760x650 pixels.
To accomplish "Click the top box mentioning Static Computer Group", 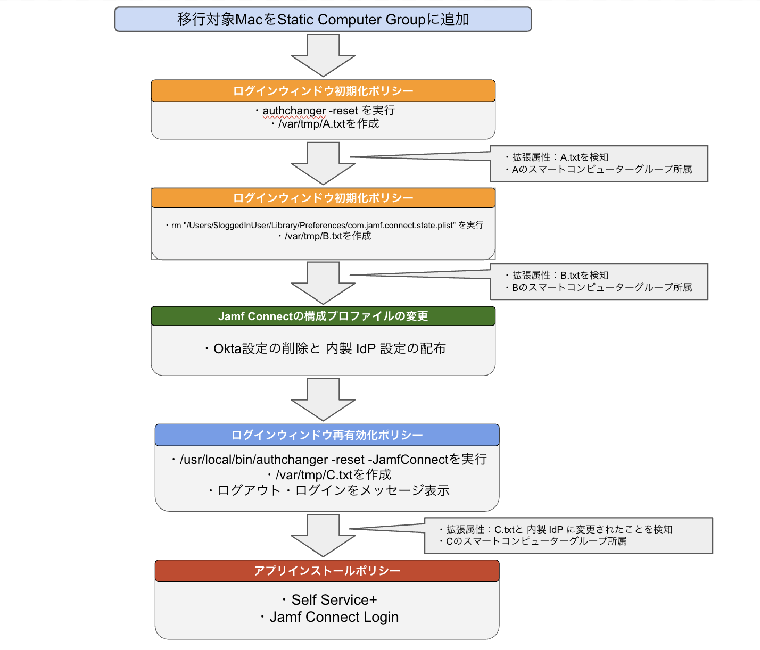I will (323, 20).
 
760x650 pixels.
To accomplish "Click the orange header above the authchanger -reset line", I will (323, 91).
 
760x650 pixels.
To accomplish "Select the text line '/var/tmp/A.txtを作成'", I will (328, 124).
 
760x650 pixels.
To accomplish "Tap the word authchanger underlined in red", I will (294, 111).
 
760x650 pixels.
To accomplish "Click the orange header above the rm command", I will (323, 198).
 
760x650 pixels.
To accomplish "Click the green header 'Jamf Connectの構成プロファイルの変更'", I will (323, 316).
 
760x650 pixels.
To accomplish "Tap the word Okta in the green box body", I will (227, 349).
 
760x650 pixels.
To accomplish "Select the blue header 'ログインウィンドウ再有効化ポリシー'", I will (327, 435).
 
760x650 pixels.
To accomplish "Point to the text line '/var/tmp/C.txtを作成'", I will (333, 475).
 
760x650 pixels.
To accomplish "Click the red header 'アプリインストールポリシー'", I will (327, 571).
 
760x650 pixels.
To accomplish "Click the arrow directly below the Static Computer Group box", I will (323, 56).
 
